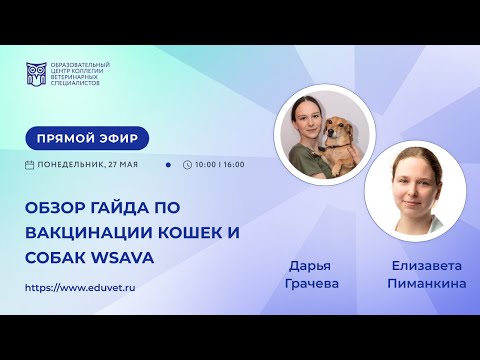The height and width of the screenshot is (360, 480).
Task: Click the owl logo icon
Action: pyautogui.click(x=37, y=73)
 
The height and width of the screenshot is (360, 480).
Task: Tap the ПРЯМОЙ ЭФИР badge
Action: pyautogui.click(x=87, y=138)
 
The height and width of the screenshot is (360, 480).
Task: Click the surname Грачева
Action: pyautogui.click(x=313, y=285)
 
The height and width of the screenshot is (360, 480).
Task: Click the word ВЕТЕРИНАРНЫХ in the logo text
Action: pyautogui.click(x=79, y=75)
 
